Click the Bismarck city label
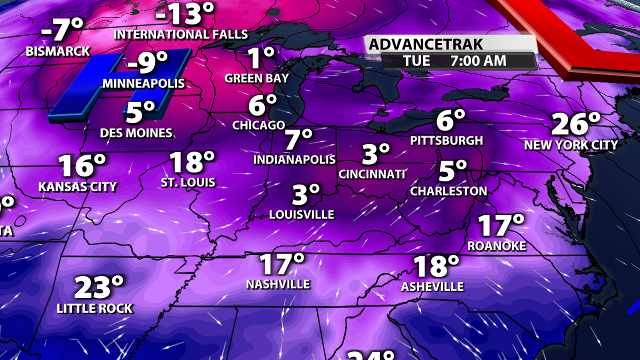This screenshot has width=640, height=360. click(x=58, y=51)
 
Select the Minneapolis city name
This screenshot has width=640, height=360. click(x=143, y=83)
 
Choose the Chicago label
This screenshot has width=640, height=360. click(x=258, y=125)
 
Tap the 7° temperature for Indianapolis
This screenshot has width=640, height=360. click(x=298, y=140)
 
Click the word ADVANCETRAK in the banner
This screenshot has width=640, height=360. click(x=426, y=44)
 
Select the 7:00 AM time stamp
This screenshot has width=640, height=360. click(x=478, y=61)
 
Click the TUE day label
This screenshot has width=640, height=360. click(x=416, y=61)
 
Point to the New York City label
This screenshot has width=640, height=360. click(x=571, y=145)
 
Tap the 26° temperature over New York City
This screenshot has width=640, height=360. click(x=575, y=124)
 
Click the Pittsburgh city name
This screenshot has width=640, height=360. click(x=446, y=140)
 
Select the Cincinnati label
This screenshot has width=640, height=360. click(x=371, y=174)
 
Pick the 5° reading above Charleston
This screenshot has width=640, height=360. click(x=452, y=171)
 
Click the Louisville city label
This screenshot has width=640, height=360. click(x=301, y=214)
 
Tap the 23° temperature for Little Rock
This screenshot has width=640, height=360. click(x=98, y=287)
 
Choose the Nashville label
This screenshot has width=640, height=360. click(x=278, y=284)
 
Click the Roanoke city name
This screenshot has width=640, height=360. click(x=496, y=245)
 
